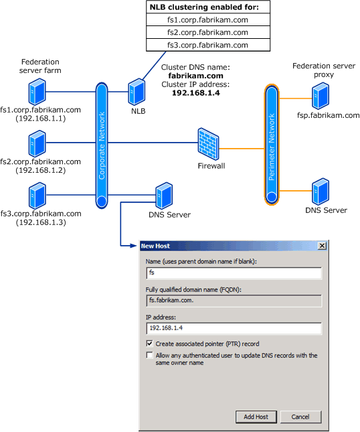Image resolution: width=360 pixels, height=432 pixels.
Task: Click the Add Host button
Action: point(256,417)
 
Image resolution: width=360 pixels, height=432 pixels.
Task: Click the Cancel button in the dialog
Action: point(300,417)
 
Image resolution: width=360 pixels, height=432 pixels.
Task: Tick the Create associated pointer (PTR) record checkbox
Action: point(149,344)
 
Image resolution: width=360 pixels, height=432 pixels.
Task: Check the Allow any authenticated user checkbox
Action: point(149,356)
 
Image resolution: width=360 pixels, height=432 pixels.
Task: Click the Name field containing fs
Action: point(234,273)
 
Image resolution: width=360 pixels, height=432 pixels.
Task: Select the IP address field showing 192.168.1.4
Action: point(234,328)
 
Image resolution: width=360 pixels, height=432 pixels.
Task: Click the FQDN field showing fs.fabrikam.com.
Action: point(234,301)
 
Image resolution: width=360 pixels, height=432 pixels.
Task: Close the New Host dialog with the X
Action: point(322,246)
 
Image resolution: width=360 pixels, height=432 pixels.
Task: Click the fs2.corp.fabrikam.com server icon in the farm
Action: point(37,143)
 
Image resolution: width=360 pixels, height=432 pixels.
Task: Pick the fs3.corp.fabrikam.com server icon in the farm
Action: point(37,195)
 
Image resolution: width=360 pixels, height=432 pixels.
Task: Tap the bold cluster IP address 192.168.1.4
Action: point(195,94)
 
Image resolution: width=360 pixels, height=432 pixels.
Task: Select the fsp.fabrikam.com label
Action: point(328,115)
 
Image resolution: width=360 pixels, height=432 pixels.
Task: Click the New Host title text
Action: point(155,246)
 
